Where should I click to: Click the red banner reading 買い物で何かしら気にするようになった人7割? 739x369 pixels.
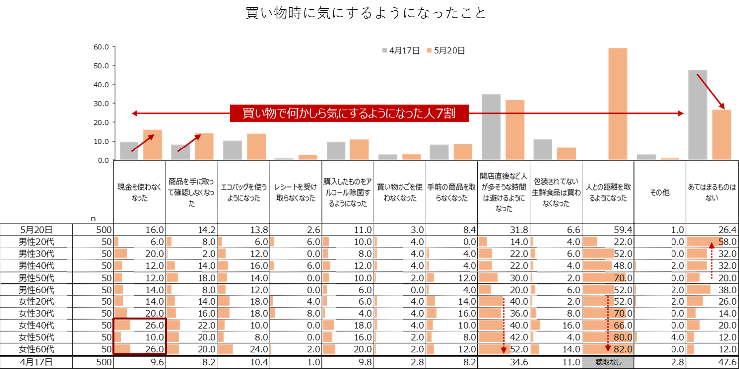click(x=349, y=114)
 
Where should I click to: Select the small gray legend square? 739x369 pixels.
click(x=385, y=50)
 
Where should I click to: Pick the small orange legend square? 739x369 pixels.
click(x=429, y=50)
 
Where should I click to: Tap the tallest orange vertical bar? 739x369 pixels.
click(x=617, y=104)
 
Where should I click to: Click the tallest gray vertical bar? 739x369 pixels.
click(x=697, y=115)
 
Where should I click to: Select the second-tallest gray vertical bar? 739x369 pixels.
click(x=491, y=127)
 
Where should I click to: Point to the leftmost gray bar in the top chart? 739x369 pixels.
click(x=129, y=150)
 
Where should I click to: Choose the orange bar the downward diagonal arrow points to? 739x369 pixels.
click(x=721, y=135)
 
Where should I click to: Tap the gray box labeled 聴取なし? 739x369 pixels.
click(x=608, y=362)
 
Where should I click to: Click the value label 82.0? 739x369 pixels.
click(x=623, y=349)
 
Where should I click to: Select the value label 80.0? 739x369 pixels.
click(x=623, y=337)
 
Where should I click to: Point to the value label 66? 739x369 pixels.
click(x=619, y=325)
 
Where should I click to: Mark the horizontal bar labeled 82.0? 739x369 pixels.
click(x=596, y=349)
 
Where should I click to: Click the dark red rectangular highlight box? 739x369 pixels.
click(x=139, y=336)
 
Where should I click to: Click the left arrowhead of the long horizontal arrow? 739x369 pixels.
click(x=134, y=114)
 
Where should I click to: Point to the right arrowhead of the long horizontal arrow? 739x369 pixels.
click(x=682, y=114)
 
